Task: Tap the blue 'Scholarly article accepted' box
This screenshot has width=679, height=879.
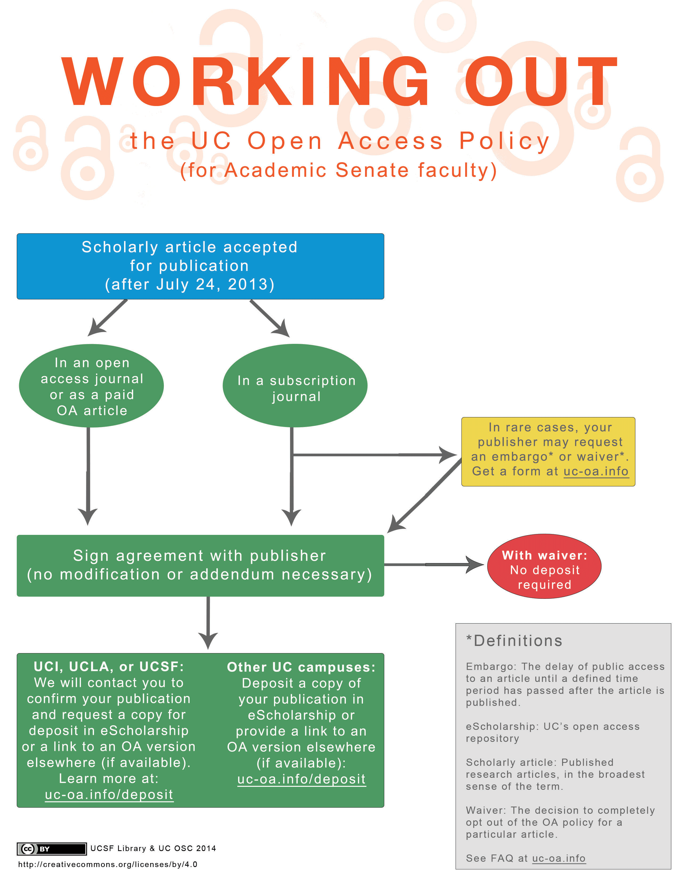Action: pyautogui.click(x=200, y=266)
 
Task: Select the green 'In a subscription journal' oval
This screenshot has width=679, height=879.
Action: pyautogui.click(x=295, y=386)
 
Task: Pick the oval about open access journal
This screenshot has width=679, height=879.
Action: pyautogui.click(x=91, y=386)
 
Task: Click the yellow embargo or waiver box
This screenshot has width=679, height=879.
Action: pyautogui.click(x=548, y=451)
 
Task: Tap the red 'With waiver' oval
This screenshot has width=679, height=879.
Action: pyautogui.click(x=544, y=566)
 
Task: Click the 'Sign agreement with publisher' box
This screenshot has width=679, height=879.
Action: pyautogui.click(x=200, y=565)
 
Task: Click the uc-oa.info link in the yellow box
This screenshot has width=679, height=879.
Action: pyautogui.click(x=596, y=471)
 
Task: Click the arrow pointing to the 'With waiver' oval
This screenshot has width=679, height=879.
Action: pyautogui.click(x=433, y=565)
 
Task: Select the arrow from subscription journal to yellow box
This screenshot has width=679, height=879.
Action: pyautogui.click(x=374, y=455)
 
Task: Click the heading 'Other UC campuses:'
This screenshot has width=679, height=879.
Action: pyautogui.click(x=301, y=667)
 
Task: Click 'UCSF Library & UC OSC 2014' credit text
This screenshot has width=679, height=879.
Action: pyautogui.click(x=153, y=848)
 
